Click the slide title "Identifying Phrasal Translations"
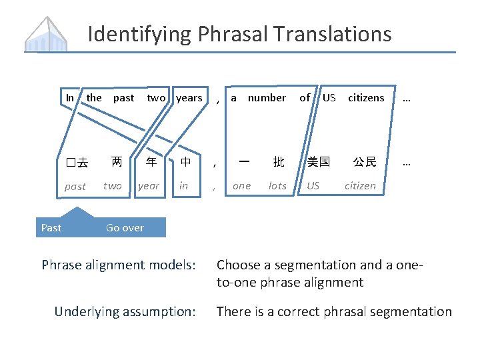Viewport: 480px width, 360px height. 239,33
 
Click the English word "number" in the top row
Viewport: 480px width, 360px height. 267,98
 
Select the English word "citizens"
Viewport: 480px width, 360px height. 366,98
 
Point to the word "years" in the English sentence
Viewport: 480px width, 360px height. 189,98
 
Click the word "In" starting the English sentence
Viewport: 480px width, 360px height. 70,98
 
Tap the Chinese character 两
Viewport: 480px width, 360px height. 117,162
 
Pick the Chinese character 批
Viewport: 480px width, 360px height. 278,162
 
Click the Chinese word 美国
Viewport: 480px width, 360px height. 319,162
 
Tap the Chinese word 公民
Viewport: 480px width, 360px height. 365,162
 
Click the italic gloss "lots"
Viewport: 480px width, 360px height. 277,186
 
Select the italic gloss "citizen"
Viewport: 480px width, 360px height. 360,186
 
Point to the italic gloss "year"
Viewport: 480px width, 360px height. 149,186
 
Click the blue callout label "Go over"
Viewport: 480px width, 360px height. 125,228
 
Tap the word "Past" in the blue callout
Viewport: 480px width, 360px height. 51,228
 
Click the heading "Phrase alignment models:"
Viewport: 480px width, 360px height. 119,265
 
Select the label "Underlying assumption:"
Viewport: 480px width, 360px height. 125,311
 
